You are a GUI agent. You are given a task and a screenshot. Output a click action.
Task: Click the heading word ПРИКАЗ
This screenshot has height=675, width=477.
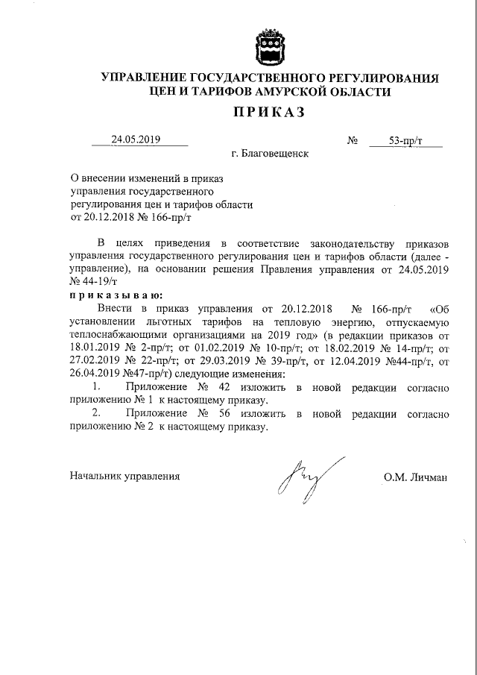pyautogui.click(x=269, y=113)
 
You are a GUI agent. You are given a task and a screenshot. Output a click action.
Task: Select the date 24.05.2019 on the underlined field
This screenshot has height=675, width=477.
pyautogui.click(x=136, y=139)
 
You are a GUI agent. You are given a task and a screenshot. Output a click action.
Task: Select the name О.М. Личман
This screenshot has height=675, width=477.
pyautogui.click(x=416, y=475)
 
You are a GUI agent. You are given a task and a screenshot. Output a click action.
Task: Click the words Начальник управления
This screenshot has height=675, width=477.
pyautogui.click(x=124, y=475)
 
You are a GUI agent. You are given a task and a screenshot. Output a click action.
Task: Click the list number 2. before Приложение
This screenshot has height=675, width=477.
pyautogui.click(x=95, y=415)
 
